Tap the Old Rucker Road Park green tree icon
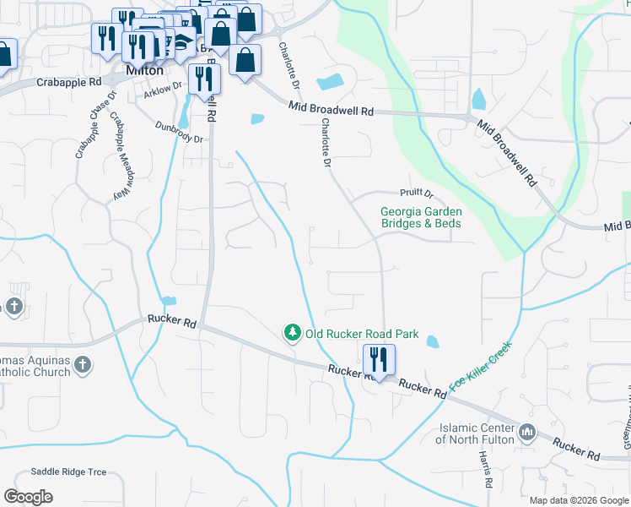coord(293,333)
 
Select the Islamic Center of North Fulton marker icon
coord(527,432)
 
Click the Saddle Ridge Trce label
coord(69,472)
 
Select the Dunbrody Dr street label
coord(179,132)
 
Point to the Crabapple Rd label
coord(69,82)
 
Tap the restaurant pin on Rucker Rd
coord(378,360)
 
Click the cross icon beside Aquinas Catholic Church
coord(81,364)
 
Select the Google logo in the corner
coord(28,497)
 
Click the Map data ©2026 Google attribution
coord(578,500)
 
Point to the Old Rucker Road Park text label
coord(362,334)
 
